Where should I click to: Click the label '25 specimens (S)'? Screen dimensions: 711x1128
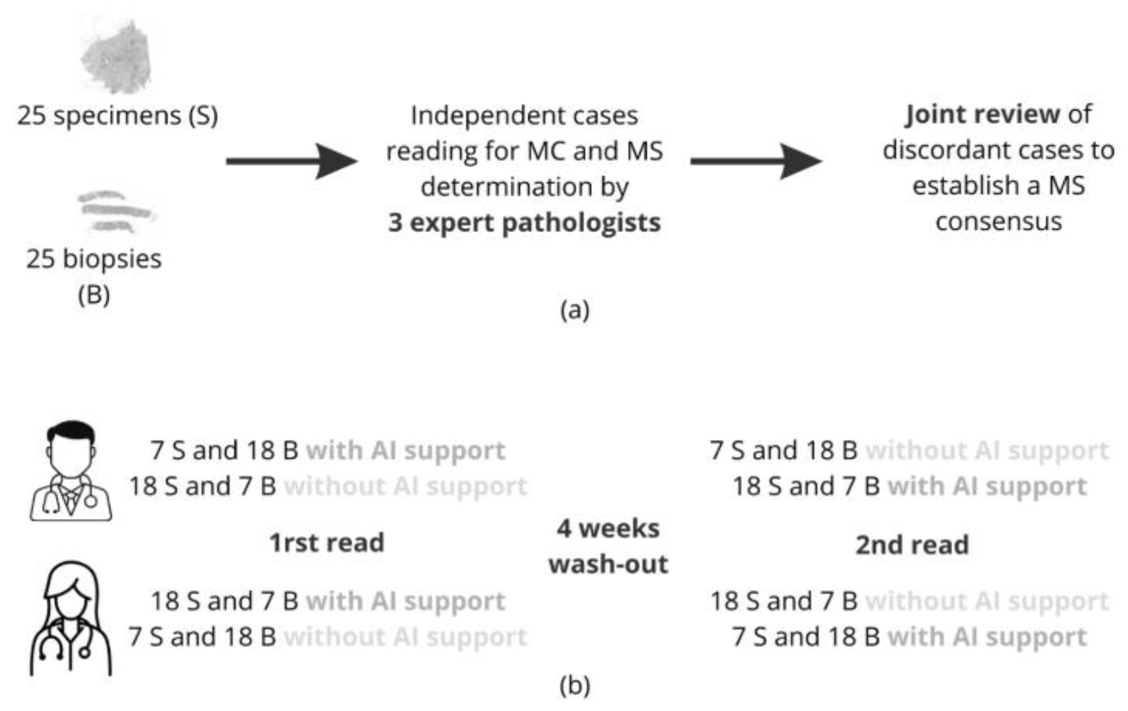[117, 116]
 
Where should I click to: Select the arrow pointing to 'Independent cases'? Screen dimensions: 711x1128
[292, 161]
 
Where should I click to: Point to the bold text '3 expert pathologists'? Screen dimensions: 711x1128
[524, 223]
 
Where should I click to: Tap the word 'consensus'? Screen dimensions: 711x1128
[998, 222]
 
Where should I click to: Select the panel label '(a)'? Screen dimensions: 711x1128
[575, 310]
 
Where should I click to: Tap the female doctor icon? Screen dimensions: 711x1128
[71, 619]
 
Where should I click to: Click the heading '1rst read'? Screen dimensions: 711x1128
[327, 543]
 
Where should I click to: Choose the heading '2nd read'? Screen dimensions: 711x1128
[911, 545]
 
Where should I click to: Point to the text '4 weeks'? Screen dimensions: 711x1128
[608, 529]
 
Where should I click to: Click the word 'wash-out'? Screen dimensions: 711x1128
[608, 564]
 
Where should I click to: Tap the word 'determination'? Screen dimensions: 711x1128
[506, 187]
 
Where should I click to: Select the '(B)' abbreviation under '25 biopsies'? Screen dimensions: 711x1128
[94, 295]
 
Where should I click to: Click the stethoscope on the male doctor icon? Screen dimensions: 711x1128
[90, 501]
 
